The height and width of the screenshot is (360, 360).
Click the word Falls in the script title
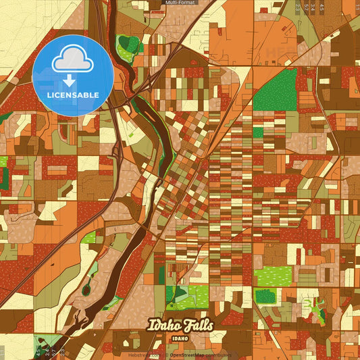tap(195, 326)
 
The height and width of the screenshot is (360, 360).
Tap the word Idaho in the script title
tap(163, 326)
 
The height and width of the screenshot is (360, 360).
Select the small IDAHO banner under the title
tap(180, 339)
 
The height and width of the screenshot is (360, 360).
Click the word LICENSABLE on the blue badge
tap(73, 95)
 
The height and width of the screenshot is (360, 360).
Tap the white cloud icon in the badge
tap(72, 61)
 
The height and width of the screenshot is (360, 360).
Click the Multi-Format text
tap(180, 3)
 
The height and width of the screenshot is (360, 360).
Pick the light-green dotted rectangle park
tap(274, 276)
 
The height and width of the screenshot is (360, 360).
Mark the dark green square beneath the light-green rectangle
tap(265, 296)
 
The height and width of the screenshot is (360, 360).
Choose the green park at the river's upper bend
tap(128, 46)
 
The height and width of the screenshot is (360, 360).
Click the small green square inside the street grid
tap(258, 132)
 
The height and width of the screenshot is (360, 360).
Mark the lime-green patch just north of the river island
tap(88, 238)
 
